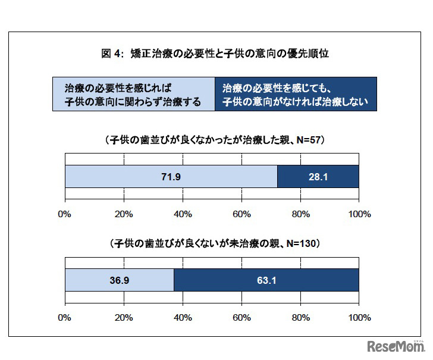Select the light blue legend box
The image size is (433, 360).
[x=134, y=94]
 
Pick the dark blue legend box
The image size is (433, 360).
[x=296, y=94]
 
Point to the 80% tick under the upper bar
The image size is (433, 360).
[x=300, y=214]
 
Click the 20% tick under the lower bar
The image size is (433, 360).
[x=123, y=317]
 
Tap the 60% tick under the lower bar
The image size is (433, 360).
[x=241, y=317]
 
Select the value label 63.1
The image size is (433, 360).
[x=265, y=280]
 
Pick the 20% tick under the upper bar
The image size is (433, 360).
[x=123, y=214]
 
